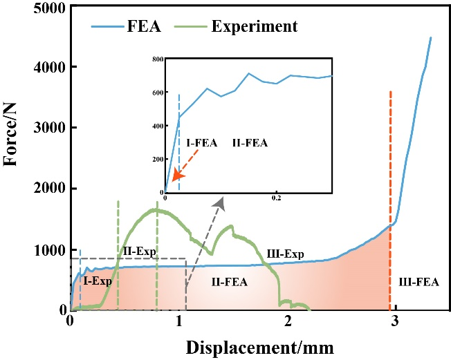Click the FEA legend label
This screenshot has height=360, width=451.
(144, 27)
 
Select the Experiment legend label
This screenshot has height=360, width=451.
(255, 27)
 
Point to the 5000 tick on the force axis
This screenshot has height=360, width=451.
(50, 8)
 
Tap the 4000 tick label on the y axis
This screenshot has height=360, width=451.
(50, 68)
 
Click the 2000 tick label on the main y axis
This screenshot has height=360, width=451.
(50, 189)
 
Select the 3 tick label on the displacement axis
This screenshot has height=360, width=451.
(395, 321)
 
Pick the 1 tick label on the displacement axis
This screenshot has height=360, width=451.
(179, 321)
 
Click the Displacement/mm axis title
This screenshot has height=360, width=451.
(260, 348)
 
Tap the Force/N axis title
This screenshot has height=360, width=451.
(10, 135)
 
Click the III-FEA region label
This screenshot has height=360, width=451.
(418, 282)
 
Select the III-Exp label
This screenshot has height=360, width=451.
(285, 254)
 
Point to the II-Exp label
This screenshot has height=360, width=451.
(140, 251)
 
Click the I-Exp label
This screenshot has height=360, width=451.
(98, 281)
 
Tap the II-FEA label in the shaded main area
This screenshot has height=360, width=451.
(230, 282)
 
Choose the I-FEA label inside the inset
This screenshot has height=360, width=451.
(201, 143)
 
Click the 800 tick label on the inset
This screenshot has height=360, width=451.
(158, 59)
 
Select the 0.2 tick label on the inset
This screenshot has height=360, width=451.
(276, 198)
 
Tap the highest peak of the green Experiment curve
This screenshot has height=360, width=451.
(157, 210)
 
